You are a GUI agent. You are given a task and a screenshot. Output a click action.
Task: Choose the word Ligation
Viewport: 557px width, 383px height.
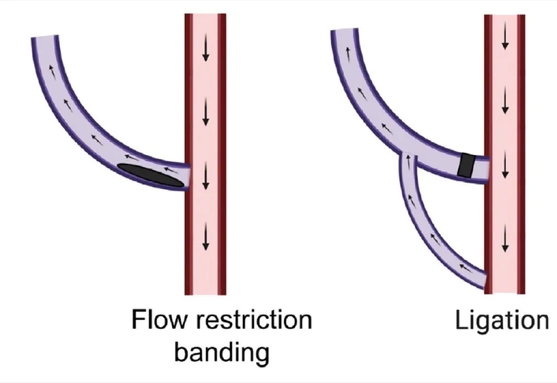tap(501, 321)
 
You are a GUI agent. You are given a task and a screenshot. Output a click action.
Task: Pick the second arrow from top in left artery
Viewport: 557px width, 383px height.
tap(206, 113)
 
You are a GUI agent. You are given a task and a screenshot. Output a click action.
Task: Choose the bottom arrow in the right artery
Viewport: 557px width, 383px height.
tap(505, 239)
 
